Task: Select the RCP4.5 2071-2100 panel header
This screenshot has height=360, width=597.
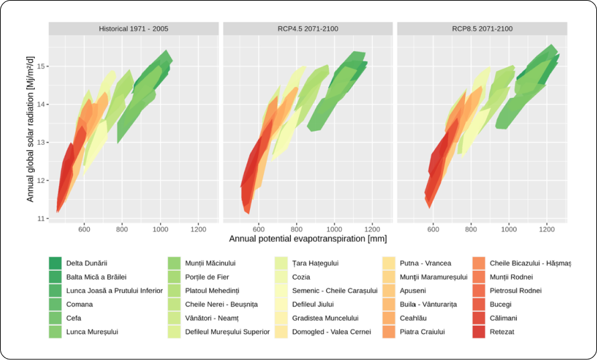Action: (308, 29)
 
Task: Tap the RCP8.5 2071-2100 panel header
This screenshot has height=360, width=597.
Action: (482, 29)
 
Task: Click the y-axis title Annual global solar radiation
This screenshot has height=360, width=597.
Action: (30, 129)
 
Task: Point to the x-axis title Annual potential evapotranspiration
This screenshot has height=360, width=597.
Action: (308, 239)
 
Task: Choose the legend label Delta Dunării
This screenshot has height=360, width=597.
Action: (87, 263)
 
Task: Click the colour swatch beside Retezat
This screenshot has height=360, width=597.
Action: (478, 331)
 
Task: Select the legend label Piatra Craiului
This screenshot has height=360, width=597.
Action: (424, 331)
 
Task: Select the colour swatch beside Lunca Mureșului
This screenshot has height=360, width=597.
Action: (55, 331)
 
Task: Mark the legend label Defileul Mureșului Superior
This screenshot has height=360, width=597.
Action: (218, 331)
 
